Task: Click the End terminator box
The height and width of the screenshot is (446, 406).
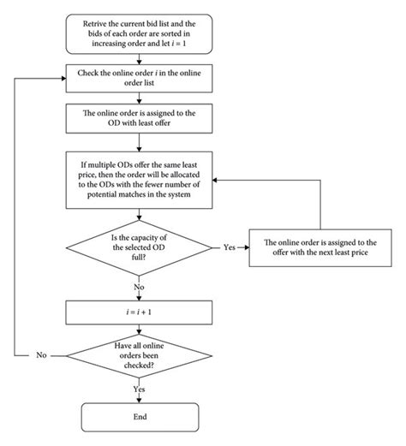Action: click(x=139, y=417)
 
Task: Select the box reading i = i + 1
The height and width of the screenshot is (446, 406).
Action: click(x=139, y=314)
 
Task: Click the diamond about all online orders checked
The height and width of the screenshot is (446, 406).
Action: click(x=139, y=354)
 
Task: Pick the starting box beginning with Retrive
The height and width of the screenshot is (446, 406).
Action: click(x=139, y=32)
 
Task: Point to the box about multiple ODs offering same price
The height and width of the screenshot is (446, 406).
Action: click(x=139, y=178)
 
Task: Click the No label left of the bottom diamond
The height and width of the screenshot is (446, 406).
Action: click(x=40, y=354)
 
